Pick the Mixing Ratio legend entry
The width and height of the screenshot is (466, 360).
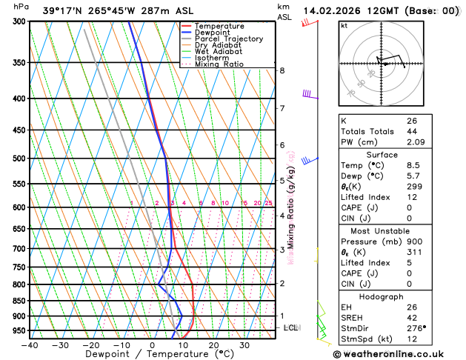pos(222,64)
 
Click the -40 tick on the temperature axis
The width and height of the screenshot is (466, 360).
pos(30,344)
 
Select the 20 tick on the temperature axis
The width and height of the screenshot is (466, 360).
pos(213,344)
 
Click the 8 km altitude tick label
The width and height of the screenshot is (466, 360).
pos(282,70)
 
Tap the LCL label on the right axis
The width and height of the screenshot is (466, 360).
pos(291,327)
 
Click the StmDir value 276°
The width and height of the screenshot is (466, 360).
pos(416,328)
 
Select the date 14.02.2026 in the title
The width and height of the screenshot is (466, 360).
pos(331,11)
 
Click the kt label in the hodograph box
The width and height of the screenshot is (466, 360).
pos(344,25)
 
